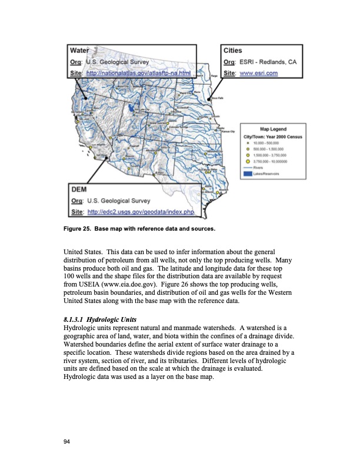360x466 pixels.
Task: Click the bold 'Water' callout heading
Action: [x=80, y=51]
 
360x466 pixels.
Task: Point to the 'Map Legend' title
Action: [x=274, y=129]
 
